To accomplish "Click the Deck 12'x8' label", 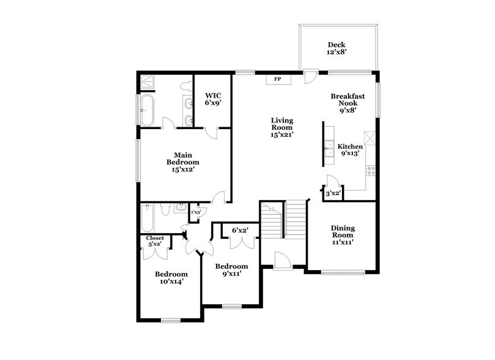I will [x=336, y=48].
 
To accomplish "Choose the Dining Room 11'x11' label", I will [x=343, y=235].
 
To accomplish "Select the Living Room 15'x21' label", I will [x=282, y=127].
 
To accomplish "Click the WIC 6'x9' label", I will [x=213, y=99].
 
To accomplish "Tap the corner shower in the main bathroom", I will [x=147, y=82].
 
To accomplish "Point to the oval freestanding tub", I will [x=147, y=111].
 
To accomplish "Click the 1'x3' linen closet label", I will [x=196, y=212].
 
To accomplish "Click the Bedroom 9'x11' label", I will [x=231, y=270].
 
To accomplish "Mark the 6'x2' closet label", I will [x=240, y=231].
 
